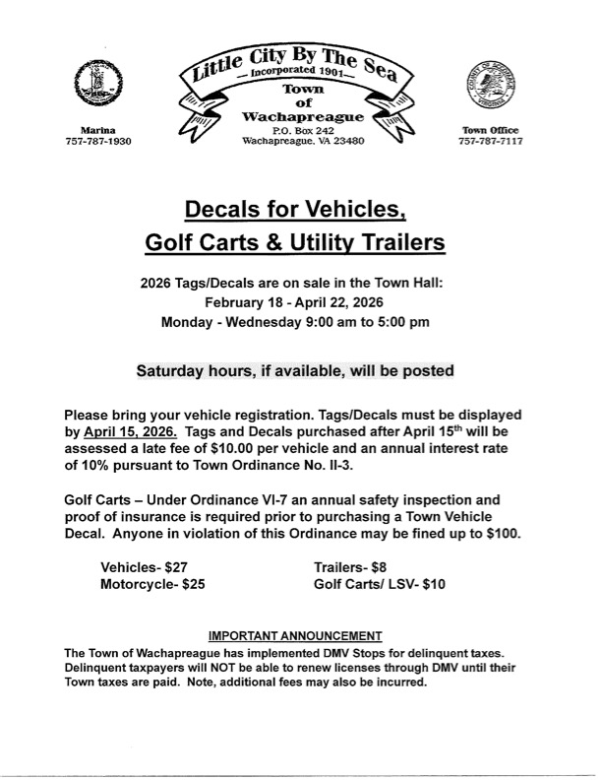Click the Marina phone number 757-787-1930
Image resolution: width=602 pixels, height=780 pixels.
[96, 142]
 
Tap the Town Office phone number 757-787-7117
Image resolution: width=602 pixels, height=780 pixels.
[490, 142]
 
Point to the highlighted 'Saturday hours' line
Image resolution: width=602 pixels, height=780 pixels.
[295, 371]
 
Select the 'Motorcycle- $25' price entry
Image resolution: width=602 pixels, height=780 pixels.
[152, 584]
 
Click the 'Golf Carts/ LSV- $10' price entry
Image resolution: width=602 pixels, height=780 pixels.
[379, 584]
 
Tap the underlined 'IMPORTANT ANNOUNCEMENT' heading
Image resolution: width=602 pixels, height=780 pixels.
[296, 635]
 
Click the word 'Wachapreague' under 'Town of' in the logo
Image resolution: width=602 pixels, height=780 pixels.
[303, 117]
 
